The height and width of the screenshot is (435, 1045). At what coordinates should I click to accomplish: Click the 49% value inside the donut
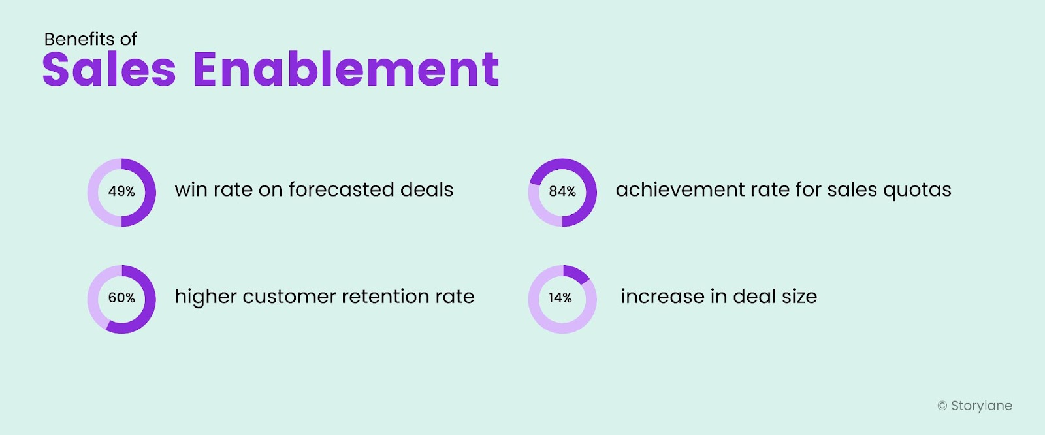click(x=121, y=191)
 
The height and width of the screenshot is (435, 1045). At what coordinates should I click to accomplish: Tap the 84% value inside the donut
click(x=562, y=191)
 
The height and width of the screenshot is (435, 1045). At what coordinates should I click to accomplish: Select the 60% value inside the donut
click(x=121, y=298)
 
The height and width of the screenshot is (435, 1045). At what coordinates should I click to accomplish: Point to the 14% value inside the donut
click(x=560, y=298)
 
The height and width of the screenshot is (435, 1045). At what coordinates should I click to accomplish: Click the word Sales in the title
click(x=109, y=70)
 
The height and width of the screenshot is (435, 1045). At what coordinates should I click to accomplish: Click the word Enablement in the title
click(x=346, y=70)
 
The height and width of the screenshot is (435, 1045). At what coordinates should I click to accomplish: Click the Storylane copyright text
click(x=982, y=406)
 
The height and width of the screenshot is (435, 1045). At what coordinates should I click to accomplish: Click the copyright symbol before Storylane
click(x=942, y=406)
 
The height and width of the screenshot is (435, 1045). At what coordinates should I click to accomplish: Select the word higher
click(x=206, y=297)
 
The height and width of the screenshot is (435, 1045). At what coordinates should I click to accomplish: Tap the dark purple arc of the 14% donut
click(x=578, y=273)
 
